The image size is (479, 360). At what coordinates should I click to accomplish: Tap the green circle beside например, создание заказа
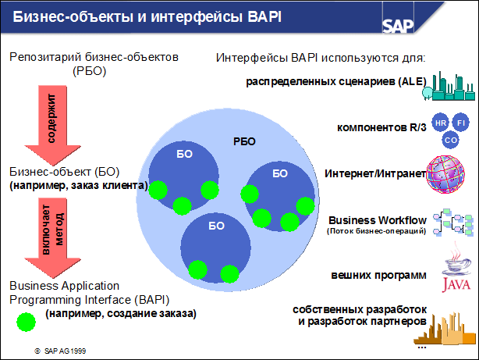point(27,321)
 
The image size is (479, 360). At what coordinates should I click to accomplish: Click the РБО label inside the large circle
point(244,141)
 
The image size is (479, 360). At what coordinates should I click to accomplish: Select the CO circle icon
point(450,140)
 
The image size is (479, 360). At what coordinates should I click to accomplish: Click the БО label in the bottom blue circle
point(216,226)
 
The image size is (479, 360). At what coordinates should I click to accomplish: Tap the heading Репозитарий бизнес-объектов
point(94,58)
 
